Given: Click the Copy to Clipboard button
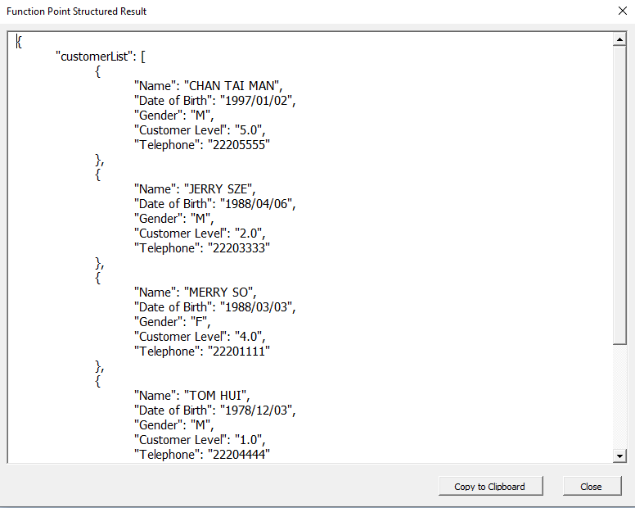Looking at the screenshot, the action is [490, 486].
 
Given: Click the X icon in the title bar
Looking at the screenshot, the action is [623, 11].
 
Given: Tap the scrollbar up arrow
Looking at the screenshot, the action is [619, 39].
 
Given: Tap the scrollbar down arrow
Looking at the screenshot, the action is [619, 456].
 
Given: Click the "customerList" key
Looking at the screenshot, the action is [94, 57].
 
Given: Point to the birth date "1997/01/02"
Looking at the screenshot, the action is [256, 101].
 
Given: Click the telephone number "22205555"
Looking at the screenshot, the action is [239, 145].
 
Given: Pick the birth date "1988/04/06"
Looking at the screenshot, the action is [256, 203].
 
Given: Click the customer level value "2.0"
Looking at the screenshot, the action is [248, 234].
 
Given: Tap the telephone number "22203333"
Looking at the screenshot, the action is [239, 247].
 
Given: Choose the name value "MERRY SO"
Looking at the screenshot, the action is [218, 293].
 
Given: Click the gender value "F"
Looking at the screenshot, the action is [199, 322].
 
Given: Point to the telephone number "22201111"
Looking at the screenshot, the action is [239, 352].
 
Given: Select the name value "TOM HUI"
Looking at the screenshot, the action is [215, 395].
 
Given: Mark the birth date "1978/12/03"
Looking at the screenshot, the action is [256, 410].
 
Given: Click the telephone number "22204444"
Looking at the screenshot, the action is [239, 455].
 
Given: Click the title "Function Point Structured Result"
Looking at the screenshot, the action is [77, 11].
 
